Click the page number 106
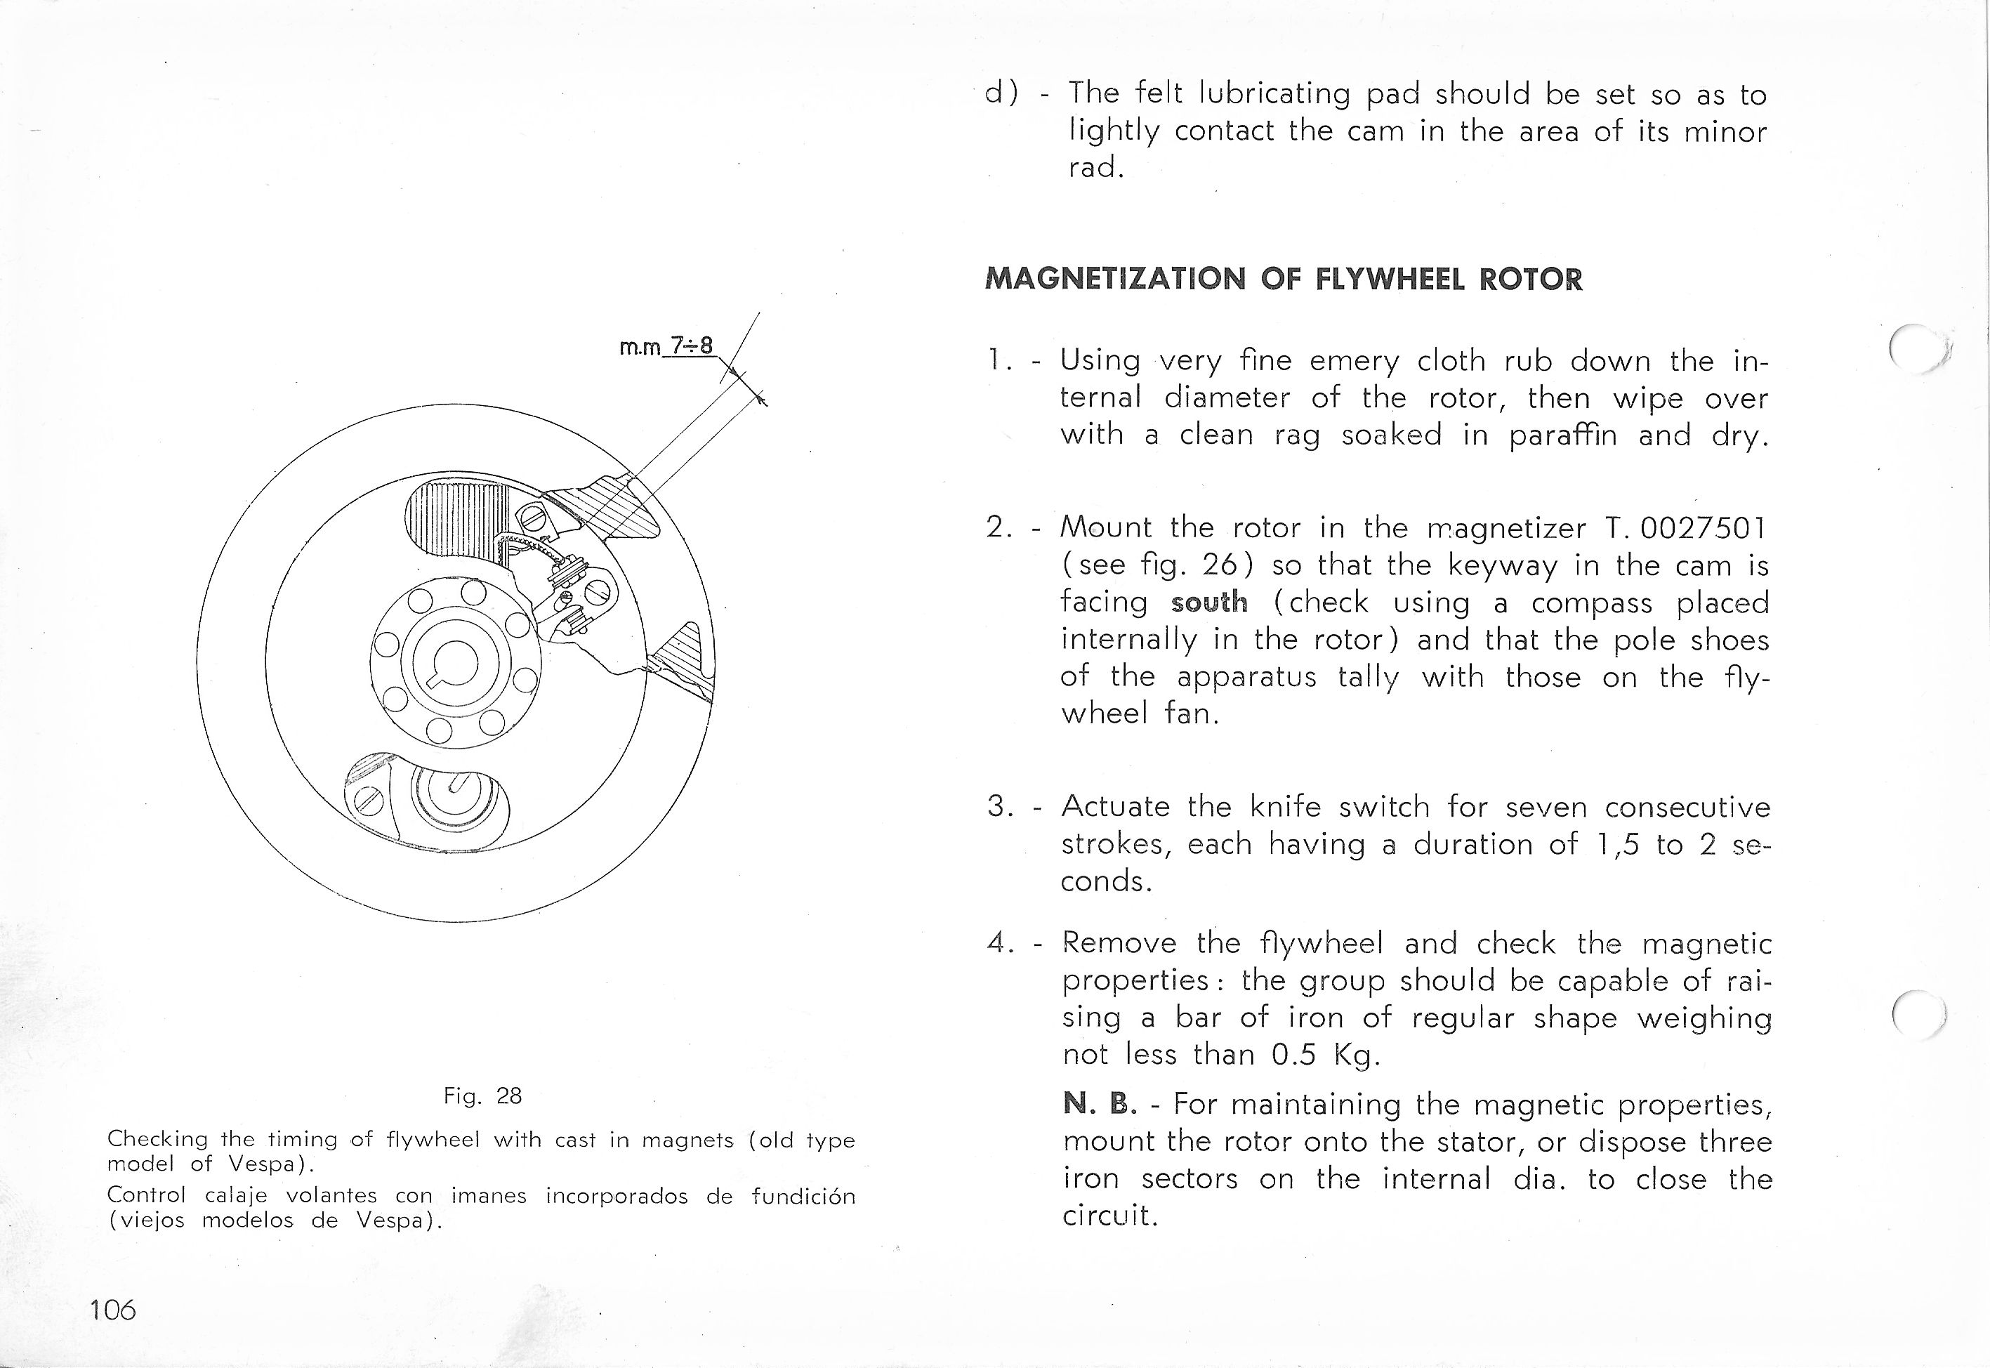[x=112, y=1309]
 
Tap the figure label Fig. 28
[x=482, y=1096]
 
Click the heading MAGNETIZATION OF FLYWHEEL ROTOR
[x=1284, y=279]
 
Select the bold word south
[x=1208, y=603]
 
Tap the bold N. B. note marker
[x=1100, y=1104]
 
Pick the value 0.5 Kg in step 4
[x=1326, y=1054]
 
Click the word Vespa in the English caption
[x=261, y=1164]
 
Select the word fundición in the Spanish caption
[x=803, y=1196]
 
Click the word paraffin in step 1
[x=1562, y=435]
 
